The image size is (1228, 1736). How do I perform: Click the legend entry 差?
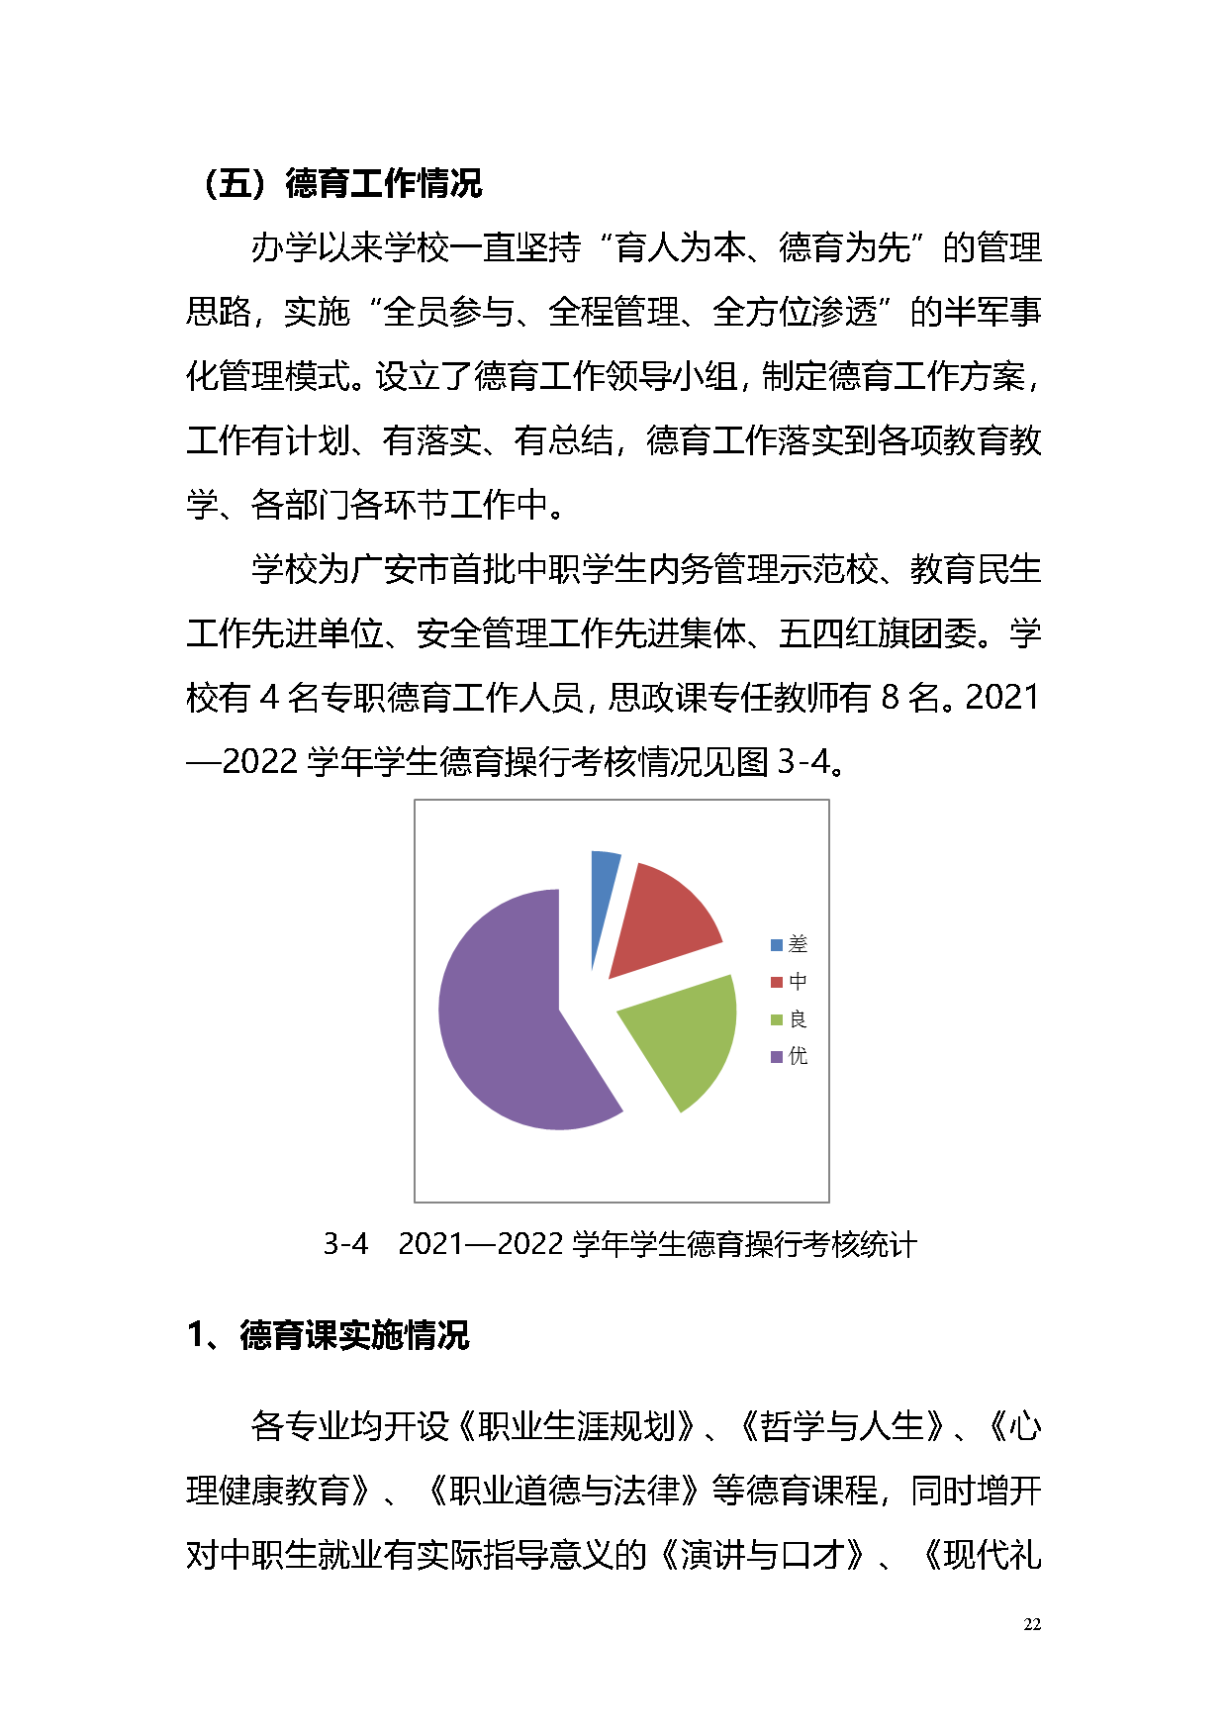click(790, 945)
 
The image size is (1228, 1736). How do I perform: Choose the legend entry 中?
click(790, 982)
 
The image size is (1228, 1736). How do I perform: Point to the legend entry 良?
click(790, 1019)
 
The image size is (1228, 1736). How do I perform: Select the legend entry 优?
click(790, 1057)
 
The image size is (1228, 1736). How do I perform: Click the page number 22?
click(1032, 1624)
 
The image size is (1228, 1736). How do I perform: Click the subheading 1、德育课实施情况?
click(329, 1335)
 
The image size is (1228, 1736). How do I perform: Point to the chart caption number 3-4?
click(345, 1244)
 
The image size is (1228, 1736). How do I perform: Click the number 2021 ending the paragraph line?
click(1002, 698)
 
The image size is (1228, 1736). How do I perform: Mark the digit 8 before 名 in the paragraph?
click(890, 698)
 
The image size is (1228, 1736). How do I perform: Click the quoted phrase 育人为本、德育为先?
click(762, 247)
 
